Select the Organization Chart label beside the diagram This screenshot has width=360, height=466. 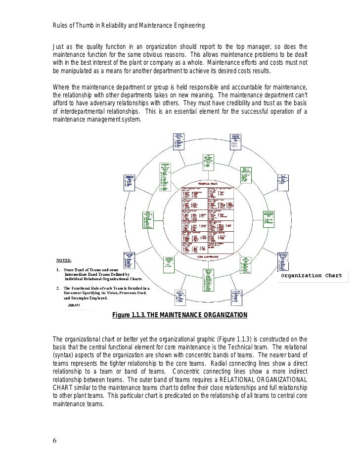[x=312, y=275]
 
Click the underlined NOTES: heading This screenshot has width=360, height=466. [x=63, y=259]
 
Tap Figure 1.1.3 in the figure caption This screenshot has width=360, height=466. [x=131, y=315]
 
